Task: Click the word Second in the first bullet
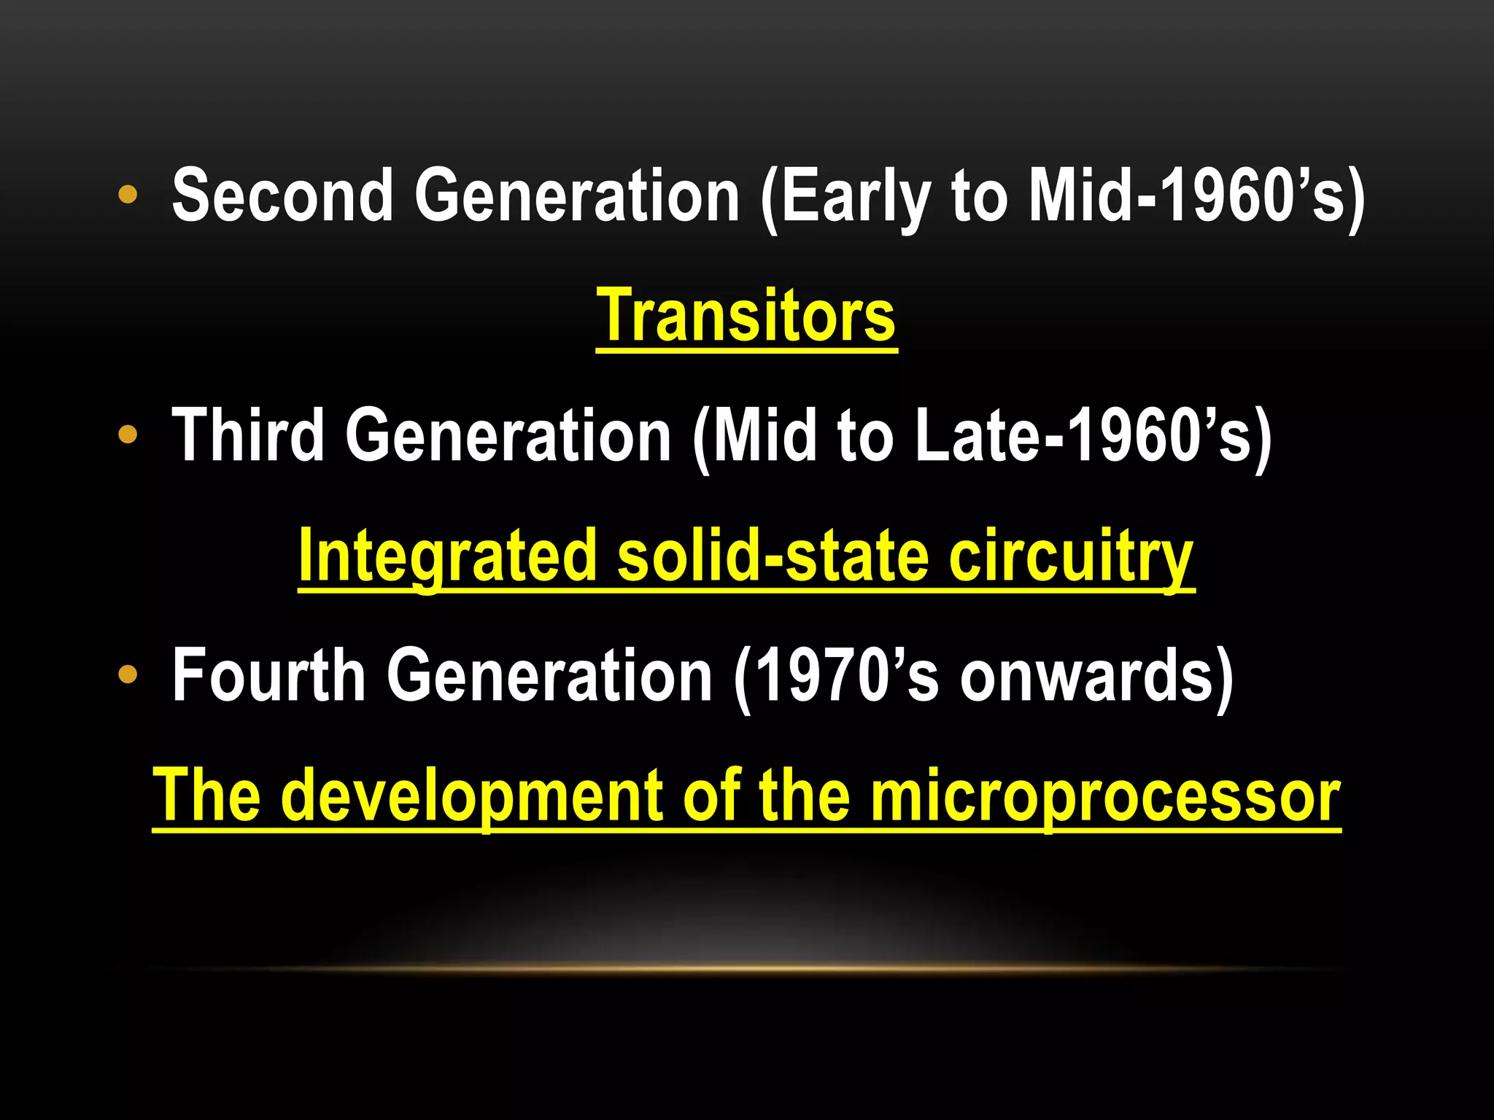283,195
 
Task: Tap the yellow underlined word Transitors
746,315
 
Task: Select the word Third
247,435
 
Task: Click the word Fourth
268,676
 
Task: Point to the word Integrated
446,556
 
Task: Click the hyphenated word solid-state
773,556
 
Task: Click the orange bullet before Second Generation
128,195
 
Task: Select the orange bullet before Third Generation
128,435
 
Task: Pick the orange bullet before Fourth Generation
128,675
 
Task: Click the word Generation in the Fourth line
549,676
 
